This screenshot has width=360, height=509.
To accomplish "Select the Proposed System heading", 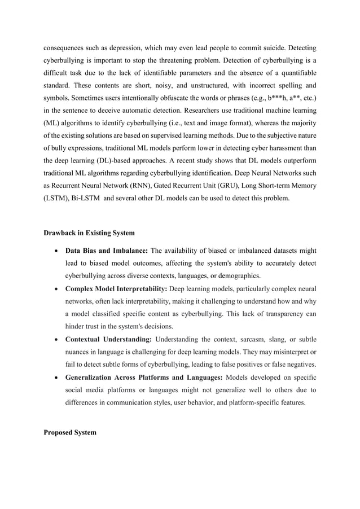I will pos(69,432).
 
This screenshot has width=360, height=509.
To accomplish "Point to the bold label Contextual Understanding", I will pos(108,339).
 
